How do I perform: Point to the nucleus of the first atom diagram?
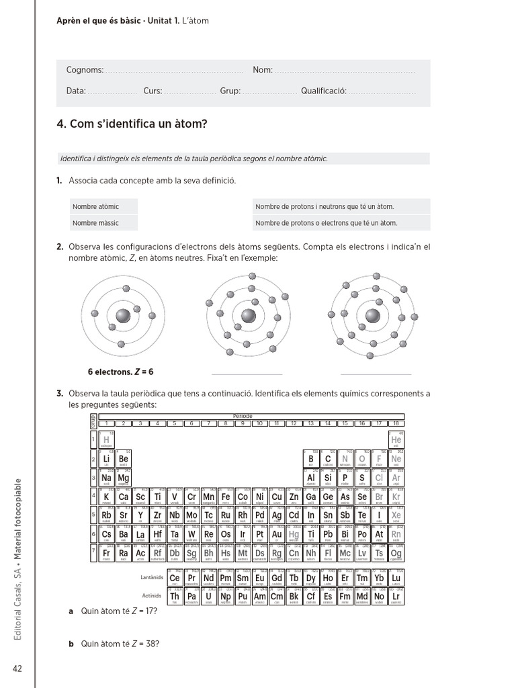click(123, 316)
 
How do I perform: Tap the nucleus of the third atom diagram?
click(373, 316)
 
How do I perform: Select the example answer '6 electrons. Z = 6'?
click(121, 372)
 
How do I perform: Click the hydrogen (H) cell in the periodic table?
click(106, 439)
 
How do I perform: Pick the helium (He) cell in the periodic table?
click(396, 439)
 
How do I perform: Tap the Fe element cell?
click(226, 497)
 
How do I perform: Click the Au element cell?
click(277, 535)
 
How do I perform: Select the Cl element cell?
click(379, 478)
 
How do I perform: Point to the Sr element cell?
click(124, 516)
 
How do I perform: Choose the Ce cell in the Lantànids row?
click(175, 578)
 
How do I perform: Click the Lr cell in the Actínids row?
click(396, 596)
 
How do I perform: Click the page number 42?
click(17, 668)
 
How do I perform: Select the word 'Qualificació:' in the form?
click(323, 91)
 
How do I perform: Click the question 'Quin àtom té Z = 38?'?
click(120, 644)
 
